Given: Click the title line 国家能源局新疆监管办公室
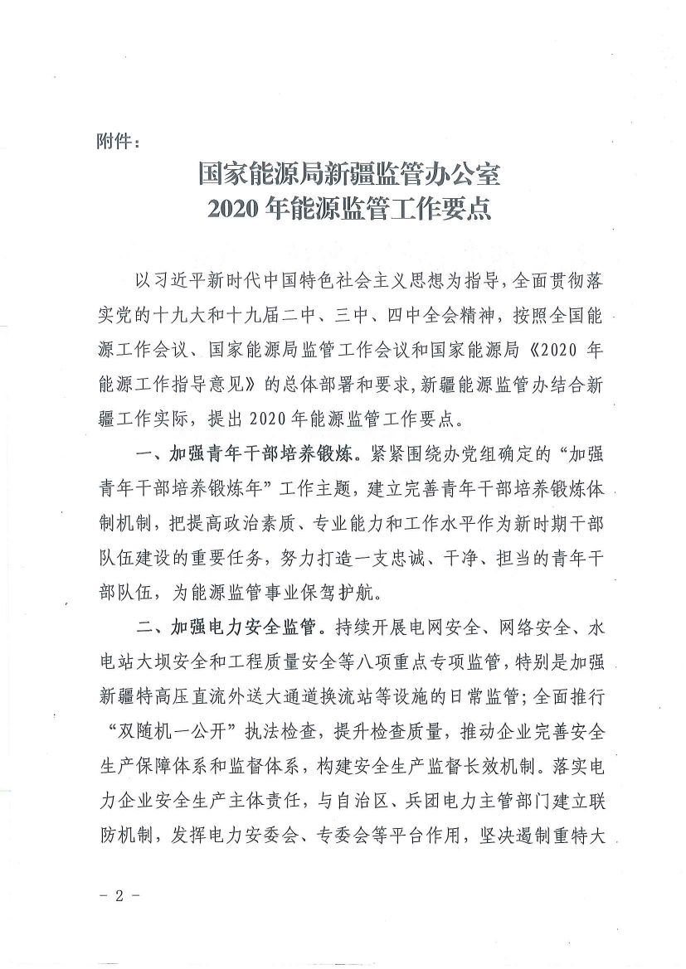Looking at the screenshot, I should (349, 176).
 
